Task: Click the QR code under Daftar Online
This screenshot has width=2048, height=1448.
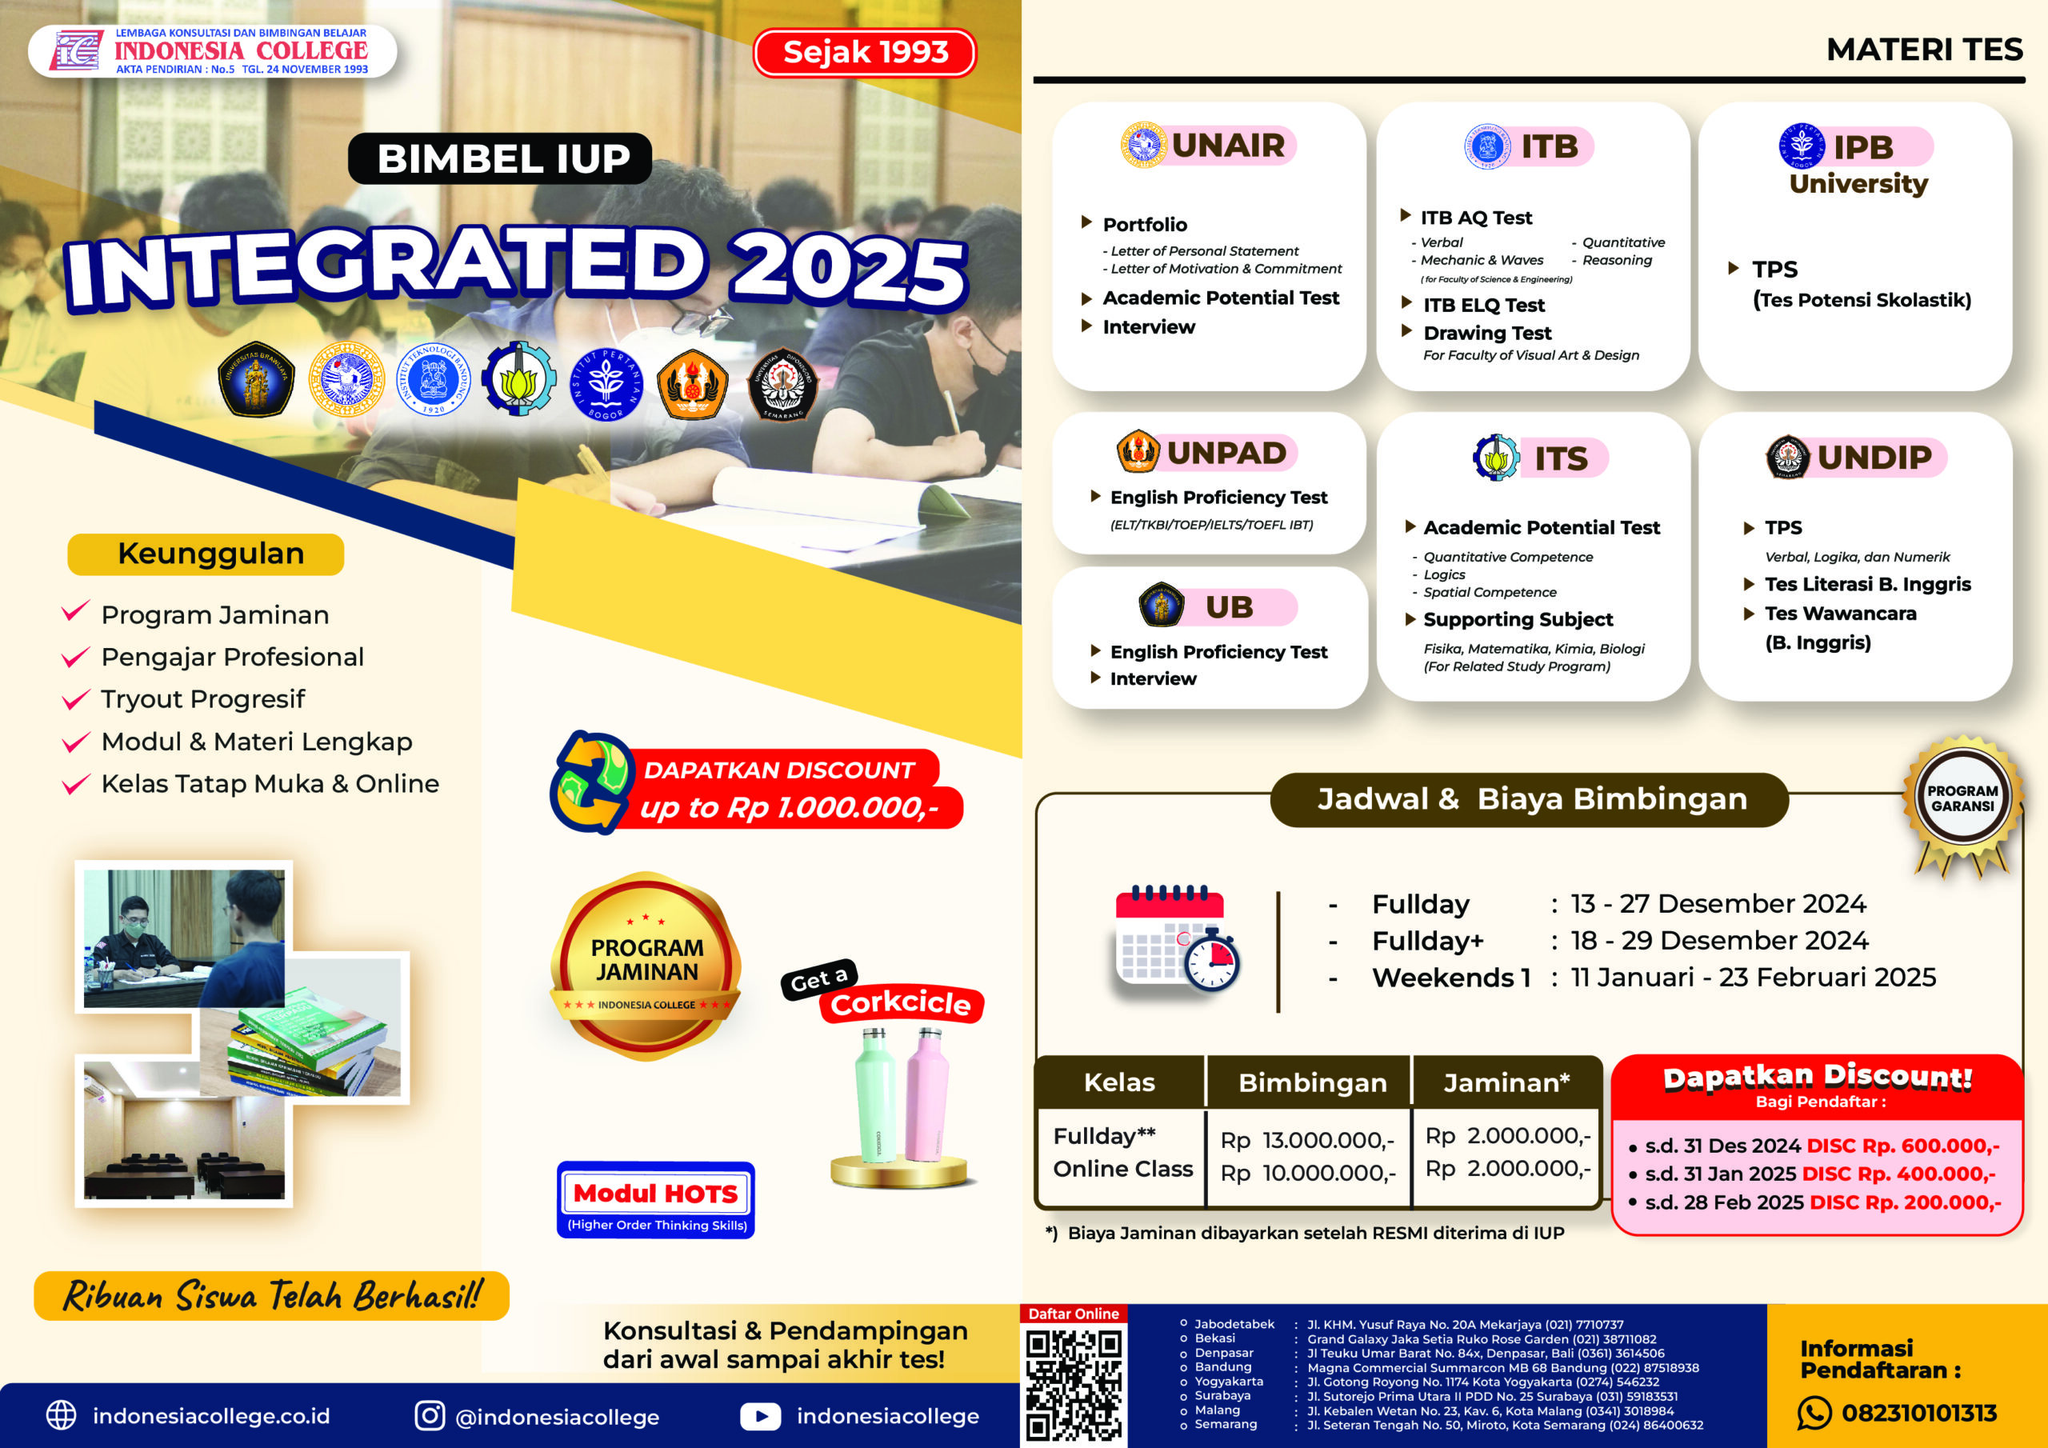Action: (x=1073, y=1383)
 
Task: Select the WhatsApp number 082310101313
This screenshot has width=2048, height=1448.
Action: (x=1918, y=1414)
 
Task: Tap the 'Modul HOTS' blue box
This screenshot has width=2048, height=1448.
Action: (x=656, y=1200)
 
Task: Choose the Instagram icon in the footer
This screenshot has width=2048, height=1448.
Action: (x=430, y=1415)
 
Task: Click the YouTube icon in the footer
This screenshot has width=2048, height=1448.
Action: (x=760, y=1416)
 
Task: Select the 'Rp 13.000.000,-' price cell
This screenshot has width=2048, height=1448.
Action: (x=1308, y=1140)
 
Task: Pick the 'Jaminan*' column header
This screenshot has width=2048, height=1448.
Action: (x=1506, y=1082)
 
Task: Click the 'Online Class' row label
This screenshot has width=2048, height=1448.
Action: (x=1123, y=1169)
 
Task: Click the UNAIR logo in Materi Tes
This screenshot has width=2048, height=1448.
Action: (x=1143, y=145)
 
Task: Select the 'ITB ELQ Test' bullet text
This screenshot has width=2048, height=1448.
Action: (x=1483, y=305)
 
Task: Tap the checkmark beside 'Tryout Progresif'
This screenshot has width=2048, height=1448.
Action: (x=76, y=698)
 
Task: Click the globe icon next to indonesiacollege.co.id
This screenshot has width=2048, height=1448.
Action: (x=62, y=1415)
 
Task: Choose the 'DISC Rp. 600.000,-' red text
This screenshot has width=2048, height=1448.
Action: (x=1902, y=1146)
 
